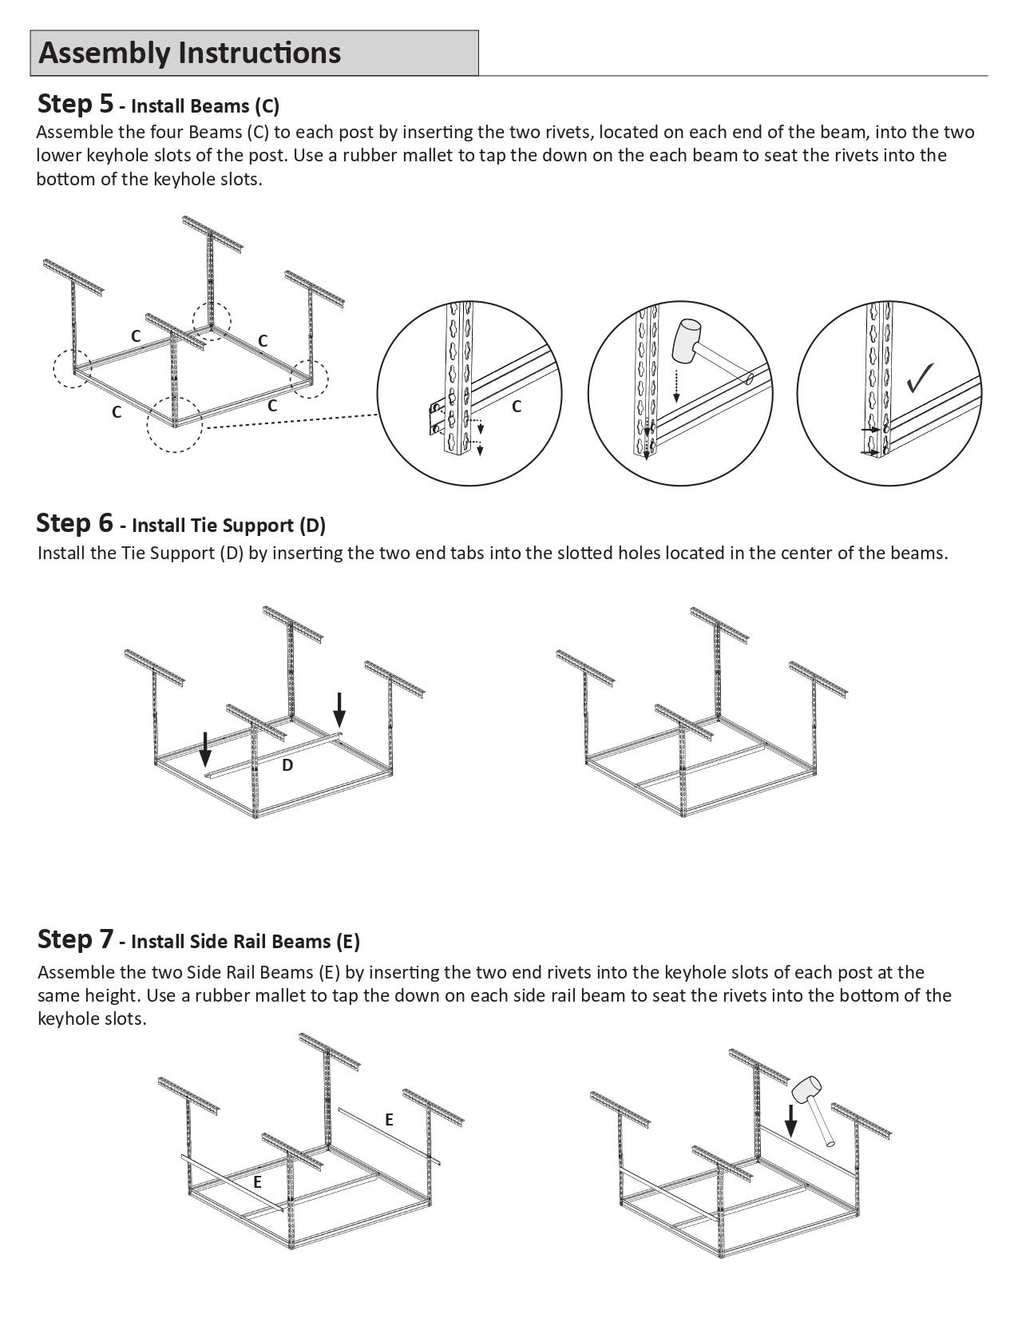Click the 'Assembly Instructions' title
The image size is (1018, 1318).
pos(190,53)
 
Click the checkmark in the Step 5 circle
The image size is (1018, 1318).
pos(921,377)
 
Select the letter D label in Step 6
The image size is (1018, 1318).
pos(287,765)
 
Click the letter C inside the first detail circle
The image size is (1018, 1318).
pos(517,407)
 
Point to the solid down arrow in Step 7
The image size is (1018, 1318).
pos(790,1120)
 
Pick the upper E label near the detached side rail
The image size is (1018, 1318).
pos(389,1120)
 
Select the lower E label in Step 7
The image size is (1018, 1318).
pos(257,1182)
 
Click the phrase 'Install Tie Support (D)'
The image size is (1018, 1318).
pos(228,526)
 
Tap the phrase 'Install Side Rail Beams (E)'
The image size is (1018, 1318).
pos(245,942)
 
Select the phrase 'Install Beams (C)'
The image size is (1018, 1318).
pos(204,106)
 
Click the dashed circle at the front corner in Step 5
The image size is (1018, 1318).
pos(174,424)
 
